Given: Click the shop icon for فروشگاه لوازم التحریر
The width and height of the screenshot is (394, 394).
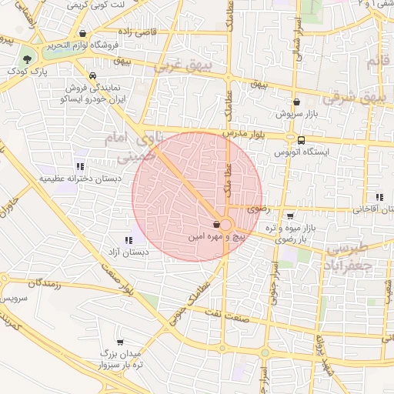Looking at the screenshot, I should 82,33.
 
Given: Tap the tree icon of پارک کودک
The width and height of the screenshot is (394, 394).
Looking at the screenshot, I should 28,58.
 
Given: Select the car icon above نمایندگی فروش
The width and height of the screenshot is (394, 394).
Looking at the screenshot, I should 92,76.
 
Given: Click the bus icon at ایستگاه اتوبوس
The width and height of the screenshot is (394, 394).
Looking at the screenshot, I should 301,140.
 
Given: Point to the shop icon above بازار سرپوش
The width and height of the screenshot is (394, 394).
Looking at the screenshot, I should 296,102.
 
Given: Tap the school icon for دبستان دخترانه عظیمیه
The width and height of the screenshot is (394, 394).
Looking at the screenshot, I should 80,166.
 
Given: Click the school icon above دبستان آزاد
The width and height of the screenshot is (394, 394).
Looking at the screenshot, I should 128,239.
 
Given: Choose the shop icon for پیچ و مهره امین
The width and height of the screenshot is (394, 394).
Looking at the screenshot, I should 216,224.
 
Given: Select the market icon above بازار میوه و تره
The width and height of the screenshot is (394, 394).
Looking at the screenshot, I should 289,216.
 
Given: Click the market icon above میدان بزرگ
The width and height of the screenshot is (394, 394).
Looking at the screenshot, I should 120,341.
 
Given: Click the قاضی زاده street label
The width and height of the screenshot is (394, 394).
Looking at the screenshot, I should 155,32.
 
